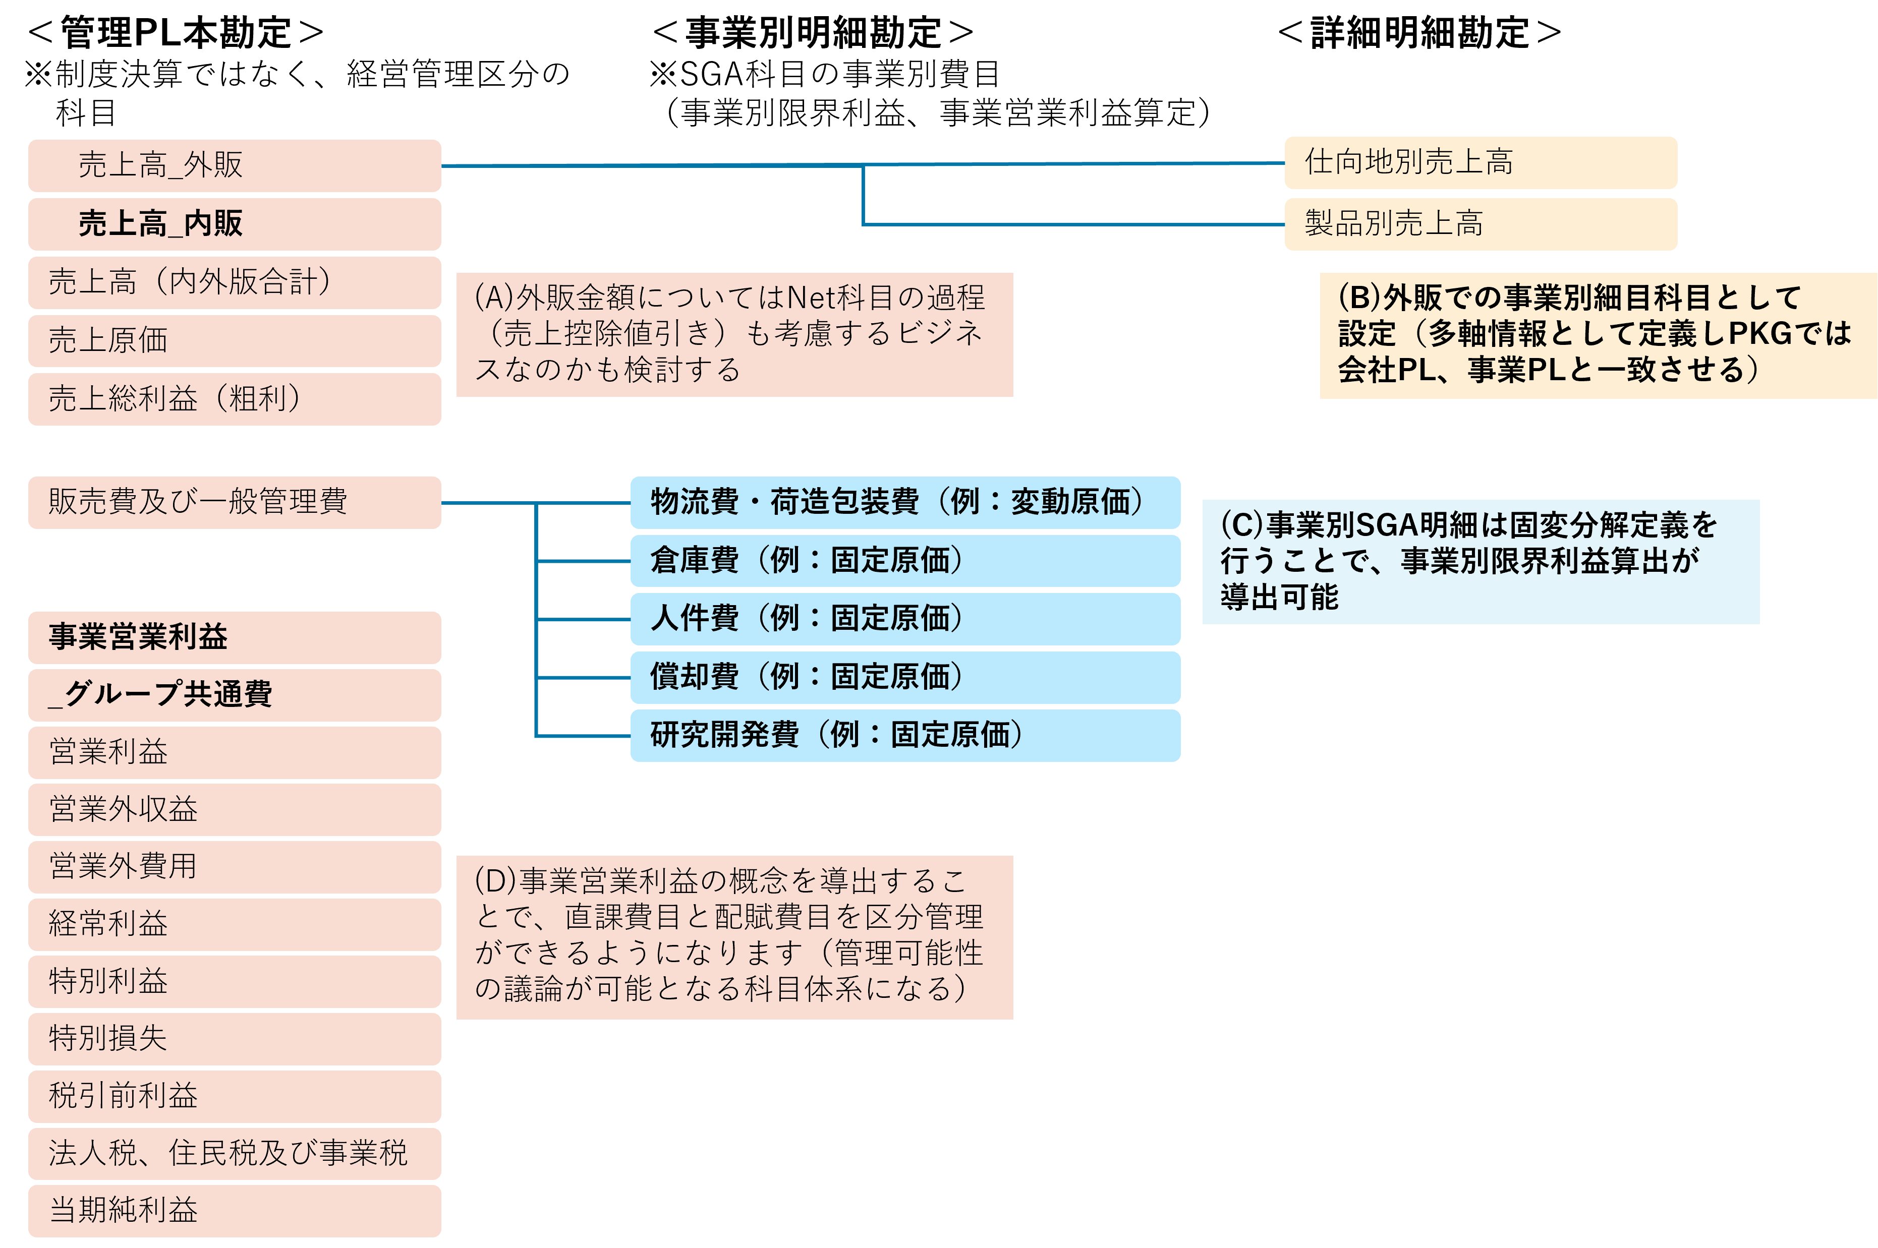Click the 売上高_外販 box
click(234, 165)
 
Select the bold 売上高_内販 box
click(234, 224)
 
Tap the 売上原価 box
click(234, 341)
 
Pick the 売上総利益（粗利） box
click(234, 399)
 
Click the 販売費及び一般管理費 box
click(234, 502)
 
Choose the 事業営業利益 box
click(234, 637)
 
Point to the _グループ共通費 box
click(234, 695)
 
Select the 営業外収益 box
click(234, 809)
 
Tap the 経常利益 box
click(234, 924)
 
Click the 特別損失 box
click(234, 1039)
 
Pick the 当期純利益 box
click(234, 1211)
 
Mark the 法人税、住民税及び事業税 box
click(234, 1153)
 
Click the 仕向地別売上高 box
click(1480, 162)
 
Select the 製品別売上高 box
click(1480, 224)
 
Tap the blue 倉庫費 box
click(904, 560)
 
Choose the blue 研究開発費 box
click(904, 735)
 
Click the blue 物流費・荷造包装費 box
click(904, 502)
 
